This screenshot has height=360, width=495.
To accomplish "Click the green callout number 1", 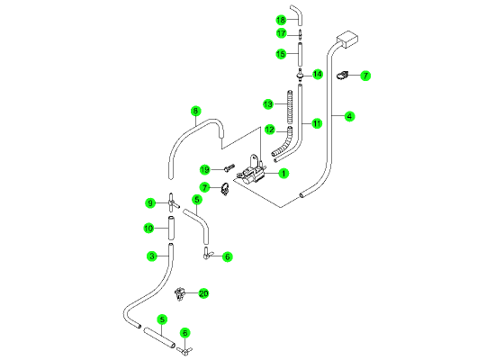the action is (x=283, y=174).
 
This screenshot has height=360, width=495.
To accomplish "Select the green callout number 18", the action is (x=281, y=20).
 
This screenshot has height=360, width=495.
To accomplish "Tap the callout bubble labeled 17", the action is (x=282, y=33).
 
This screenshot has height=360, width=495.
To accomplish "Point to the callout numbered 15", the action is (x=281, y=54).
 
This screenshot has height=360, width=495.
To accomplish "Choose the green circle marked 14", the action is (x=318, y=74).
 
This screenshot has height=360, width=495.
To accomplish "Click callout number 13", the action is (x=268, y=103).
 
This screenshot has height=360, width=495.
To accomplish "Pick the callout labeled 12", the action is (x=270, y=130).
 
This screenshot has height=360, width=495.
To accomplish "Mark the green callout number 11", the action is (x=317, y=123).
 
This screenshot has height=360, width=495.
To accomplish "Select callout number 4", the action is (x=349, y=116).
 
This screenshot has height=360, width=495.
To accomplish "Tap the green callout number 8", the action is (x=195, y=112).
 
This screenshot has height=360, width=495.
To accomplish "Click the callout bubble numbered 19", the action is (x=205, y=170).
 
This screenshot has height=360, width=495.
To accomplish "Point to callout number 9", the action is (x=150, y=202).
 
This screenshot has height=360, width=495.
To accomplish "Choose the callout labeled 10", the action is (x=148, y=228).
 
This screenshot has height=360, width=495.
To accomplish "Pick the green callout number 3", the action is (x=152, y=256).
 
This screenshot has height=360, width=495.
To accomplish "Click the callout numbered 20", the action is (x=203, y=293).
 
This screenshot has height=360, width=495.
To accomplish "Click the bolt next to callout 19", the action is (x=229, y=167).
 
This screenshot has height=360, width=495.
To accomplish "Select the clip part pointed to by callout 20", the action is (x=179, y=294).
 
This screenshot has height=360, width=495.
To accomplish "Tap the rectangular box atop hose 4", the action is (x=347, y=40).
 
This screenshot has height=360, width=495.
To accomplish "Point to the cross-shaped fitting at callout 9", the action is (x=172, y=202).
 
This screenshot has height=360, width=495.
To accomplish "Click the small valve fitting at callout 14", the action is (x=300, y=75).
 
